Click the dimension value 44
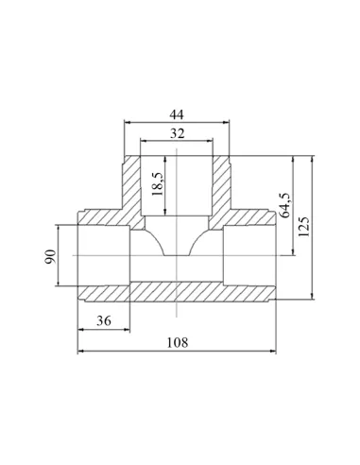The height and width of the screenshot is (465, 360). point(177,114)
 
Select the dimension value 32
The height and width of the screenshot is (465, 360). point(177,133)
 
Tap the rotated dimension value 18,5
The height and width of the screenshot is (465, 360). point(158,184)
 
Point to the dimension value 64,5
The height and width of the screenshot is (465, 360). point(285,205)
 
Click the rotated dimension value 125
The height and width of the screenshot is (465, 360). point(304,227)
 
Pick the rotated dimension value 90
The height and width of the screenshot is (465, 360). point(50,256)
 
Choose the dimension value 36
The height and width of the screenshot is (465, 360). point(104,320)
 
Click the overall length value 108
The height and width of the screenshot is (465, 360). point(177,342)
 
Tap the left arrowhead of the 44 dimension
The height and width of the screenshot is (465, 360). point(128,122)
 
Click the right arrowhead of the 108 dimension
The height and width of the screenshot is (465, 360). point(273,351)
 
